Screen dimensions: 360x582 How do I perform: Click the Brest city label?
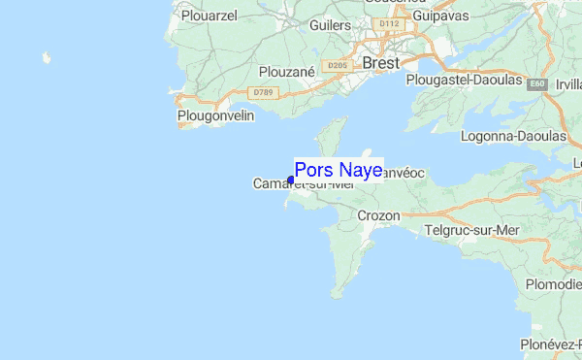click(x=381, y=63)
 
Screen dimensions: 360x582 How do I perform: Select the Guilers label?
click(x=330, y=24)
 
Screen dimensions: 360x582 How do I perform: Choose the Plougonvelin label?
click(x=215, y=116)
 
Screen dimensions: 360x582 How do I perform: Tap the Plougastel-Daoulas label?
click(x=465, y=80)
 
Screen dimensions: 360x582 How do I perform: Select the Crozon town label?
click(x=378, y=215)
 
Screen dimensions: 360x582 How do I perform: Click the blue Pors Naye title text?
click(x=338, y=169)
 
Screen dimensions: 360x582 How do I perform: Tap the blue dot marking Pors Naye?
click(x=291, y=180)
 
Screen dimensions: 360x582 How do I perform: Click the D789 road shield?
click(x=260, y=92)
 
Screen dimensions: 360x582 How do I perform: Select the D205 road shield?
click(x=338, y=66)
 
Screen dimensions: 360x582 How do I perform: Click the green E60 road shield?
click(x=536, y=85)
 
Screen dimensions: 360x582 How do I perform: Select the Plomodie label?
click(x=553, y=284)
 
